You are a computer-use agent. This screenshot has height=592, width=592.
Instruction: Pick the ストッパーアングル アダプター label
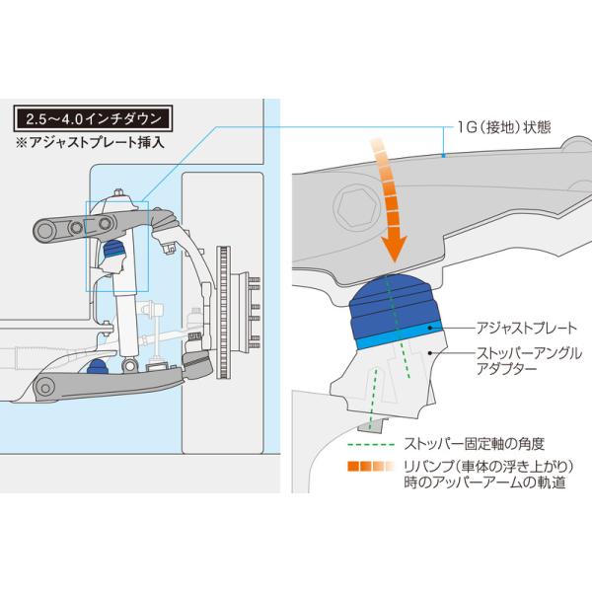coord(524,360)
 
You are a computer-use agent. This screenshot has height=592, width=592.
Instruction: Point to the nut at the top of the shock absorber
coord(118,191)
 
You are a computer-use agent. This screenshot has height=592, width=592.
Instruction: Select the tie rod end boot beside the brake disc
coord(195,364)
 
